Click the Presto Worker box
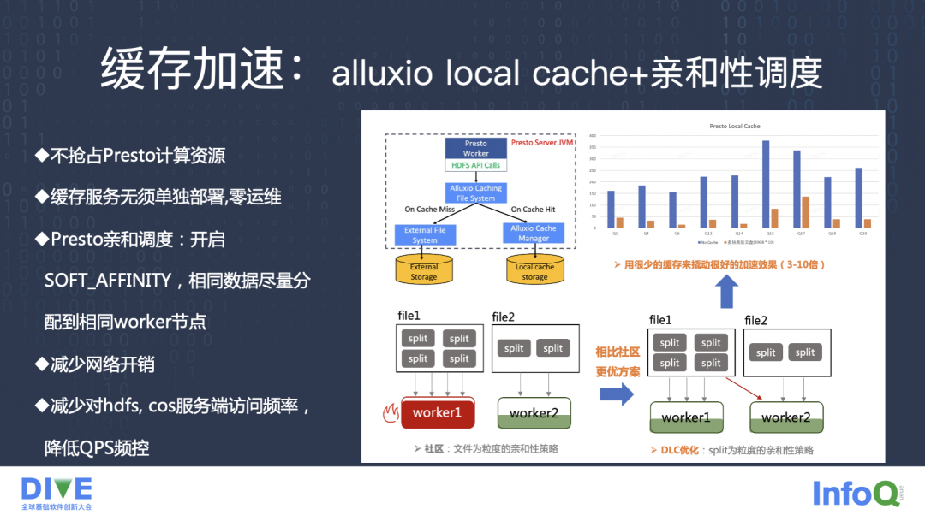(475, 148)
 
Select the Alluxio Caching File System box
(475, 192)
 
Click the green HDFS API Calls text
(475, 165)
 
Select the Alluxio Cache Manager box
(534, 233)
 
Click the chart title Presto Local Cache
(734, 127)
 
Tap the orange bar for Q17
(805, 213)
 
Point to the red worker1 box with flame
(437, 412)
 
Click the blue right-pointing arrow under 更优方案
(616, 394)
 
